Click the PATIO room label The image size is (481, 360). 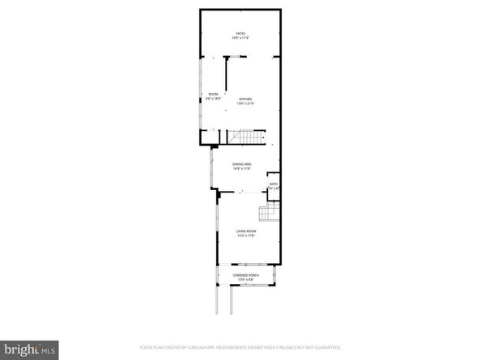pyautogui.click(x=240, y=33)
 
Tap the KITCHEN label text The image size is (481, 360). pyautogui.click(x=246, y=99)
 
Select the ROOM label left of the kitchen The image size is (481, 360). pyautogui.click(x=213, y=94)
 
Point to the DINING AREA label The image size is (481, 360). pyautogui.click(x=242, y=164)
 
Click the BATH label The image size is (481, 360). pyautogui.click(x=275, y=184)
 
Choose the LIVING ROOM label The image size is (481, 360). pyautogui.click(x=245, y=232)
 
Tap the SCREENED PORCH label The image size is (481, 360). pyautogui.click(x=245, y=276)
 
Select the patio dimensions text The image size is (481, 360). pyautogui.click(x=240, y=38)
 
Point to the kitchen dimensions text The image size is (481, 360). pyautogui.click(x=246, y=104)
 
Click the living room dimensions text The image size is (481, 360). pyautogui.click(x=245, y=237)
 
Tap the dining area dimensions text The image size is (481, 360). pyautogui.click(x=242, y=169)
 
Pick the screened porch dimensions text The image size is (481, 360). pyautogui.click(x=245, y=281)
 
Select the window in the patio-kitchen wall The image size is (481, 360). pyautogui.click(x=236, y=56)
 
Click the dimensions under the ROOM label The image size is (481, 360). pyautogui.click(x=213, y=99)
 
